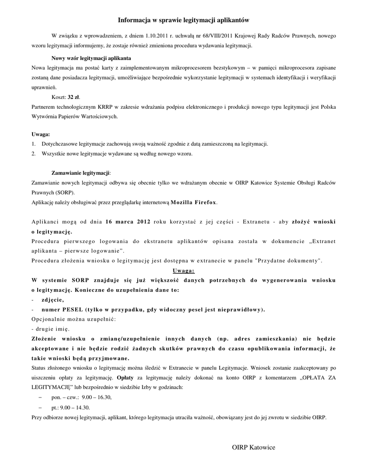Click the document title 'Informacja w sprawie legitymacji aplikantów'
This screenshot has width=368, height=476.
pyautogui.click(x=184, y=20)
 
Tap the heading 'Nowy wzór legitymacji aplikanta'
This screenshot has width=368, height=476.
pyautogui.click(x=91, y=58)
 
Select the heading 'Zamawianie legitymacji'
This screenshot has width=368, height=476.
pyautogui.click(x=80, y=173)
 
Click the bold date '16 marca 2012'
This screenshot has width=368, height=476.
pyautogui.click(x=128, y=221)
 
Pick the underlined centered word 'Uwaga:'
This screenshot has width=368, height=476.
pyautogui.click(x=184, y=270)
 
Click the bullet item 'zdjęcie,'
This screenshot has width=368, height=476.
pyautogui.click(x=53, y=299)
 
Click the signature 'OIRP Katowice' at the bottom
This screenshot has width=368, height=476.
pyautogui.click(x=254, y=447)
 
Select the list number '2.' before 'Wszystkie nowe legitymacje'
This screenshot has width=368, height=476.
pyautogui.click(x=33, y=153)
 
